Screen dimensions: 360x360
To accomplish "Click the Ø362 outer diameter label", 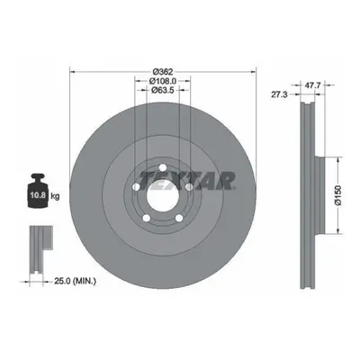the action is (x=163, y=72).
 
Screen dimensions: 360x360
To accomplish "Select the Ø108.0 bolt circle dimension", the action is (x=163, y=81).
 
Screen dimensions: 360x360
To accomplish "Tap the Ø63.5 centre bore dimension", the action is (x=163, y=90).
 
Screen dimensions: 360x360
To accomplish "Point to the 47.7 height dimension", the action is (x=313, y=85).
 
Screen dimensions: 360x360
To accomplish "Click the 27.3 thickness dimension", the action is (x=279, y=94).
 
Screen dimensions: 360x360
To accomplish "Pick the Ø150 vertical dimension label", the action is (x=338, y=195).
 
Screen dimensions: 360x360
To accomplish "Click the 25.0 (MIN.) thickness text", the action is (x=75, y=281).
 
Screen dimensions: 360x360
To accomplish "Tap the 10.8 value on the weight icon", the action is (x=38, y=195).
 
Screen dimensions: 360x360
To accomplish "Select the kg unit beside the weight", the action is (x=55, y=196).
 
